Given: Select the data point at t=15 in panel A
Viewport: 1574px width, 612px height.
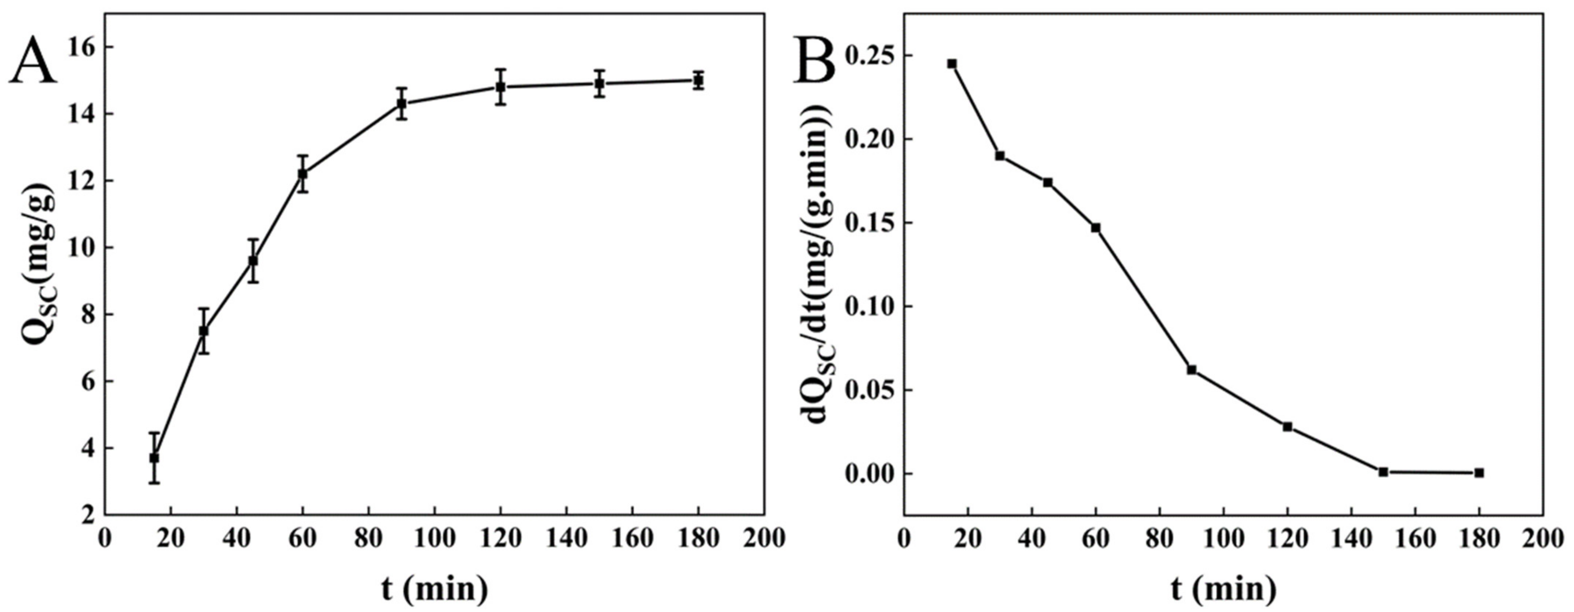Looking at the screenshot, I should click(154, 457).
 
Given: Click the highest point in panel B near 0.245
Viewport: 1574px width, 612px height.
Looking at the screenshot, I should click(952, 64).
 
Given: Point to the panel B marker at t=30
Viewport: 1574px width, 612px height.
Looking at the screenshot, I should click(1000, 156).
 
